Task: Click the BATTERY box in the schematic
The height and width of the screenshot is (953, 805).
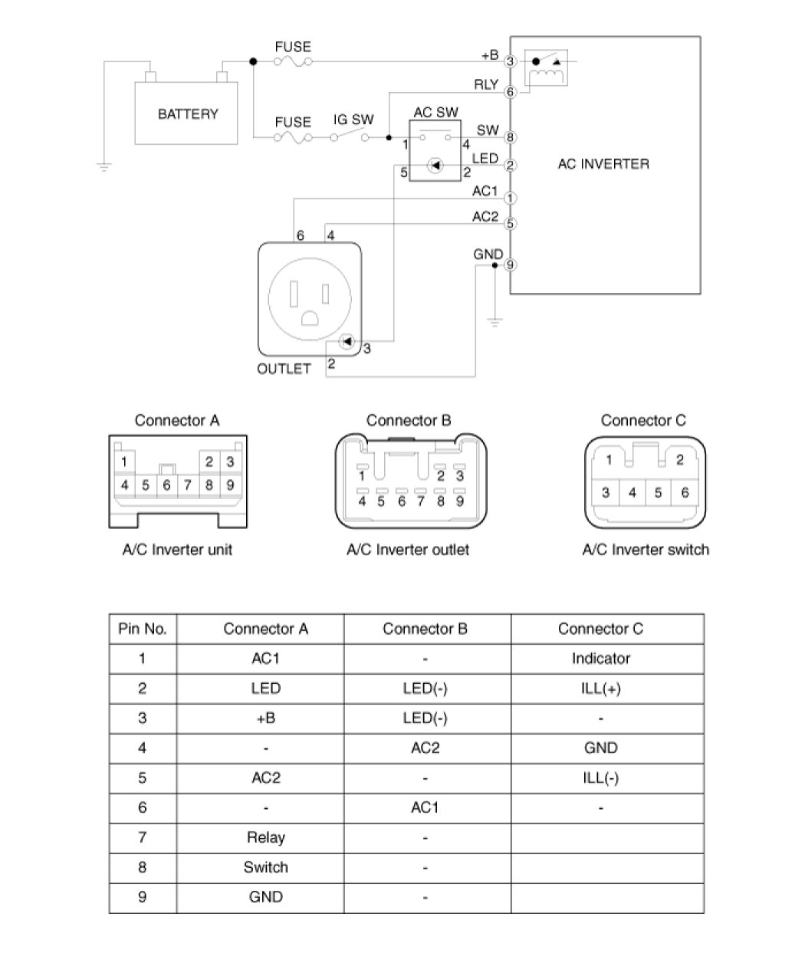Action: pos(188,114)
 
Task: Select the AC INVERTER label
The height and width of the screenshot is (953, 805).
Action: pos(603,163)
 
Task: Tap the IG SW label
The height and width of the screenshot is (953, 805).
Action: pos(353,120)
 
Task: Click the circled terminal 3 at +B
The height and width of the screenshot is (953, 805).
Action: pos(511,61)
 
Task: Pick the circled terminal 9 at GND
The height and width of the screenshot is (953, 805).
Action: pos(511,265)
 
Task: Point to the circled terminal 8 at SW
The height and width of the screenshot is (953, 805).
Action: pos(511,138)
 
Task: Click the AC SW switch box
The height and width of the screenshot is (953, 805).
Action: pos(435,150)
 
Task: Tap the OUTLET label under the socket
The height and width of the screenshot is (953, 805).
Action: pos(284,369)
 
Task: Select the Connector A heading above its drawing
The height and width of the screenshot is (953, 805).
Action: pos(177,420)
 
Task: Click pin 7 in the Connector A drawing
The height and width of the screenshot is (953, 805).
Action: pos(187,485)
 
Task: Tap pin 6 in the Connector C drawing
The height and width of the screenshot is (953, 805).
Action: pos(685,492)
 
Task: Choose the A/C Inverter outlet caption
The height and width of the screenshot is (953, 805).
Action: pos(408,550)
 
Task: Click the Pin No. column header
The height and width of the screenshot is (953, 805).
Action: pos(143,629)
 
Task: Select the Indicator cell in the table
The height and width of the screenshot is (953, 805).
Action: pos(600,658)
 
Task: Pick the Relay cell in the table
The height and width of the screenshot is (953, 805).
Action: pos(265,837)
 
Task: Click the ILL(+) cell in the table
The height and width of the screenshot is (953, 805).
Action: pos(600,688)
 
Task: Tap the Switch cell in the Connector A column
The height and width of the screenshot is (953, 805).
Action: pos(265,867)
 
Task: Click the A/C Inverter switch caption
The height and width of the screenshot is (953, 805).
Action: pos(646,550)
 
